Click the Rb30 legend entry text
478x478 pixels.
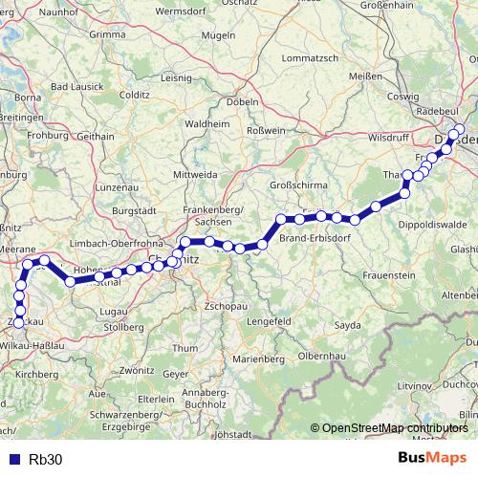click(x=46, y=459)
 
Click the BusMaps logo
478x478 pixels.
click(x=433, y=458)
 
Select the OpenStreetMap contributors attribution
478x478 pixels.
click(x=394, y=428)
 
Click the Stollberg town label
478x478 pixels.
click(x=130, y=326)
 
